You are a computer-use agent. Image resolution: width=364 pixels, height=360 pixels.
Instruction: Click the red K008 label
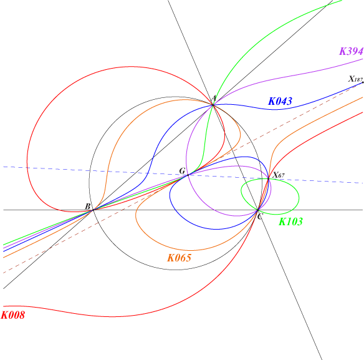(x=13, y=315)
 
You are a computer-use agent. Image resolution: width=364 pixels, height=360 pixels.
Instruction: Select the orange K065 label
(x=180, y=258)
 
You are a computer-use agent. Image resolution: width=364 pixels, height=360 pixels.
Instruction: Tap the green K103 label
(x=290, y=221)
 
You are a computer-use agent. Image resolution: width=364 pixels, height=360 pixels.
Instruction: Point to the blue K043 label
(x=280, y=101)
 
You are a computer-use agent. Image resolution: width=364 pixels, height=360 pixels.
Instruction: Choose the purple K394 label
(x=352, y=51)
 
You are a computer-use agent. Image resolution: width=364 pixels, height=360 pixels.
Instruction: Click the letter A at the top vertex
(x=214, y=99)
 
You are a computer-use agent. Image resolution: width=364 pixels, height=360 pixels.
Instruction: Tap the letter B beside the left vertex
(x=87, y=206)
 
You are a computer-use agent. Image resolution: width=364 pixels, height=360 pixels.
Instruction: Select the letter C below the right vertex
(x=259, y=217)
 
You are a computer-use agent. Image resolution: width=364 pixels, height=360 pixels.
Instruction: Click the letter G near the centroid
(x=182, y=171)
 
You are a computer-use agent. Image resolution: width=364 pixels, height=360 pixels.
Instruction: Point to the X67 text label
(x=278, y=175)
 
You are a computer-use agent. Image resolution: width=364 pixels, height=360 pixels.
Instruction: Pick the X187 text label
(x=355, y=79)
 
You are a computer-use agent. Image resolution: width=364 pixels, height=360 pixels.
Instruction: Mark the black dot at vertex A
(x=213, y=105)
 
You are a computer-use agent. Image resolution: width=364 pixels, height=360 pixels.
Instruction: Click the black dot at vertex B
(x=93, y=210)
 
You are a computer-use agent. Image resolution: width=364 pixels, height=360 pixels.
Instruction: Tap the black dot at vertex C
(x=257, y=210)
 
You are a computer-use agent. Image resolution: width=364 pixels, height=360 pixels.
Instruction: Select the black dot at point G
(x=188, y=175)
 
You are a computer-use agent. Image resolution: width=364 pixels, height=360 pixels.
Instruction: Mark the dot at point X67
(x=269, y=178)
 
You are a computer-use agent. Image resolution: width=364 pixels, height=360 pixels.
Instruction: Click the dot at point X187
(x=363, y=82)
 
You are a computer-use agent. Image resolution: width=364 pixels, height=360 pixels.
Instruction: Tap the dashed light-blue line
(x=183, y=175)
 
